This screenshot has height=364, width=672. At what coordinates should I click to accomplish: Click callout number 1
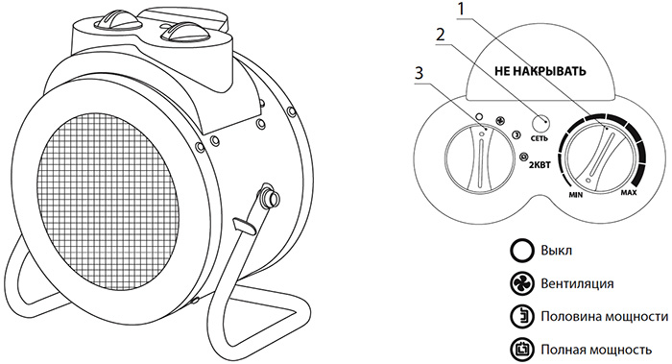[x=461, y=10]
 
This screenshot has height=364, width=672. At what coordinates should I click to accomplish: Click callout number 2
[x=441, y=35]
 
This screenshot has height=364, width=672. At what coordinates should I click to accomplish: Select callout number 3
[x=419, y=73]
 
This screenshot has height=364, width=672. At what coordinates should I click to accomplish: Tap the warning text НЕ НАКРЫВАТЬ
[x=540, y=71]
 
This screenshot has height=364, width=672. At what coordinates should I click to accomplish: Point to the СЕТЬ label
[x=540, y=138]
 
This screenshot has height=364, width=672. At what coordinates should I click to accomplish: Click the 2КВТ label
[x=540, y=165]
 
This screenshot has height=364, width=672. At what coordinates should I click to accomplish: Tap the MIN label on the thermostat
[x=576, y=195]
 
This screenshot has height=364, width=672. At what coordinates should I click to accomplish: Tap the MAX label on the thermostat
[x=629, y=193]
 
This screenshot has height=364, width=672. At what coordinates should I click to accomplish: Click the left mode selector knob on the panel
[x=480, y=158]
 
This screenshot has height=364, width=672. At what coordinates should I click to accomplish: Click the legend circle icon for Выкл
[x=522, y=250]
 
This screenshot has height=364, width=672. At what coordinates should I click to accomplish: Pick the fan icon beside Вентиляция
[x=522, y=283]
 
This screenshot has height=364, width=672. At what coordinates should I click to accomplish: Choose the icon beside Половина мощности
[x=522, y=316]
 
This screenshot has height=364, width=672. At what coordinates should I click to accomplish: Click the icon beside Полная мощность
[x=522, y=350]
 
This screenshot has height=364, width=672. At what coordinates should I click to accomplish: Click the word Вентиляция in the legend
[x=577, y=284]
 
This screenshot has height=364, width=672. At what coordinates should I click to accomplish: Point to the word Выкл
[x=556, y=251]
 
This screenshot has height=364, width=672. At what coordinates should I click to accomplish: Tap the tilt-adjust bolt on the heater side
[x=269, y=196]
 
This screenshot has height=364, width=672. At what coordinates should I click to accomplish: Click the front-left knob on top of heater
[x=118, y=20]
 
